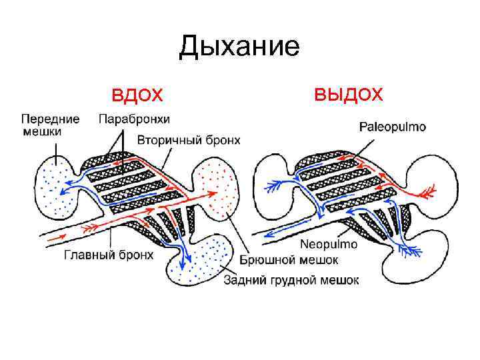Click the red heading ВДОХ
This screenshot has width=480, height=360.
[137, 96]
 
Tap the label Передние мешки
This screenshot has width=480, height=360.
[50, 125]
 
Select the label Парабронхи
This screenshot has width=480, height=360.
[134, 119]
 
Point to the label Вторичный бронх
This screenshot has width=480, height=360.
[189, 140]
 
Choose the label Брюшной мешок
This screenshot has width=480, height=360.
[288, 260]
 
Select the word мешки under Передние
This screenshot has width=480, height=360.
[41, 131]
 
